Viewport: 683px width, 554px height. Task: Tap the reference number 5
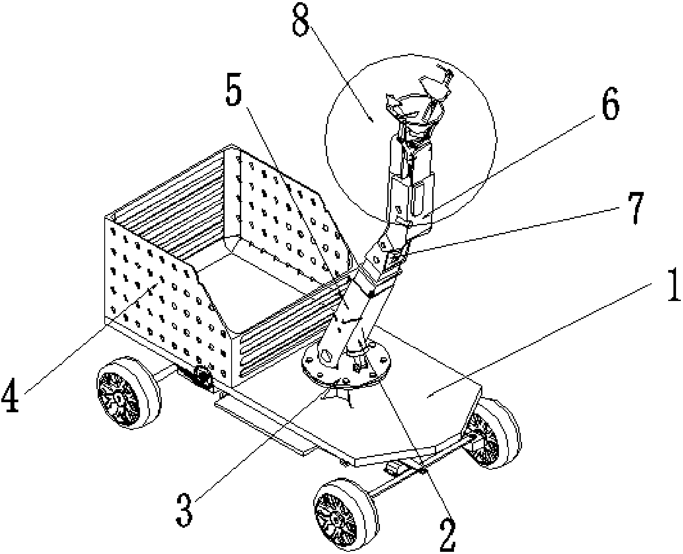234,89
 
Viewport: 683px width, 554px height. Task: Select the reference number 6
611,103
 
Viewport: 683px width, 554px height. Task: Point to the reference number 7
635,208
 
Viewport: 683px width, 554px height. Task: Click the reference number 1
674,285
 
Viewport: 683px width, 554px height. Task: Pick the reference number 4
11,395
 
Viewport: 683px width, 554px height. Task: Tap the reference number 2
447,536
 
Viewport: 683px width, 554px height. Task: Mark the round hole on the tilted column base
325,356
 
